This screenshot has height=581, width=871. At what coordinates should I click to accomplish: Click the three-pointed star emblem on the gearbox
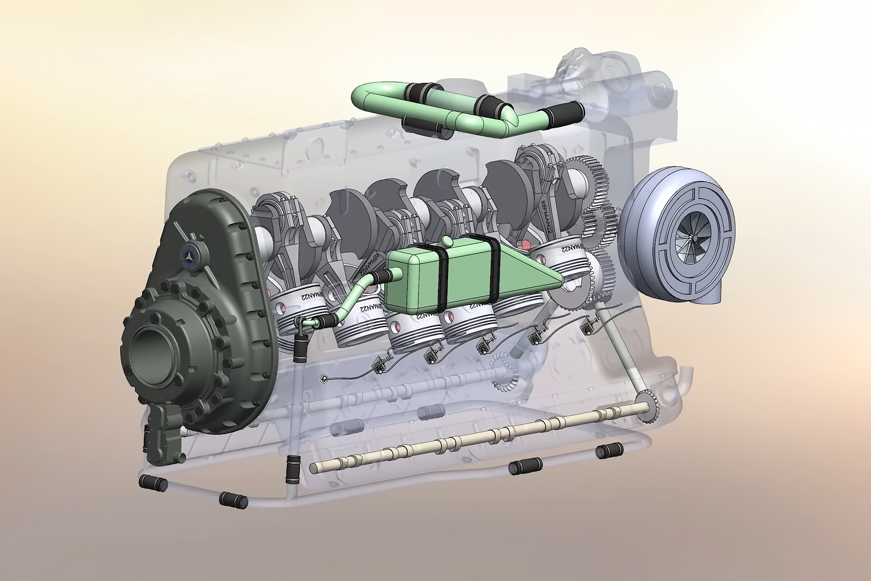(191, 254)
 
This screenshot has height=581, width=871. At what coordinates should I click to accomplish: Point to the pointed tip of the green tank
(559, 282)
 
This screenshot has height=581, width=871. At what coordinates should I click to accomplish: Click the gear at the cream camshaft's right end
(649, 406)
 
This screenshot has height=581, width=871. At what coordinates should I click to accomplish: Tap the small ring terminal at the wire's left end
(322, 380)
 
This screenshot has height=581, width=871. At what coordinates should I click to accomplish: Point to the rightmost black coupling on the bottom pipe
(609, 449)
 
